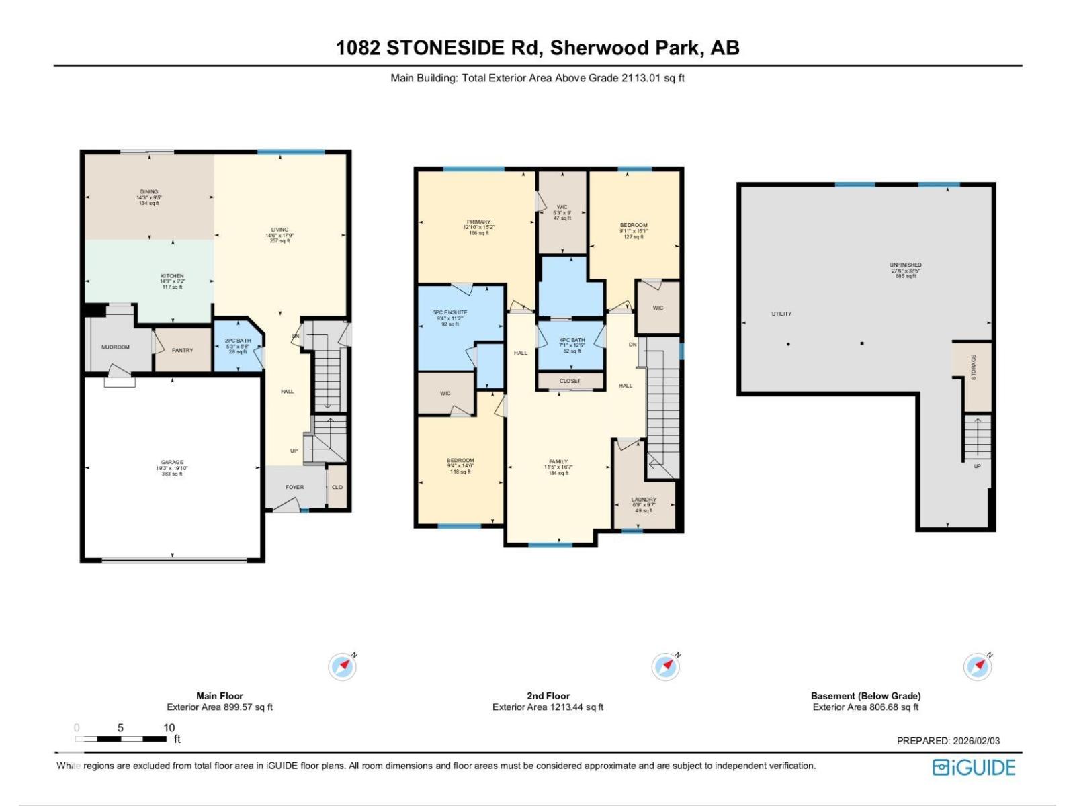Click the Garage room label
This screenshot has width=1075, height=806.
coord(172,463)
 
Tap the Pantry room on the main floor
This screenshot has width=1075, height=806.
coord(182,350)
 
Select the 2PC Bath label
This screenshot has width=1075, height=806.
coord(237,341)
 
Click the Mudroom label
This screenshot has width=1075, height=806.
coord(116,347)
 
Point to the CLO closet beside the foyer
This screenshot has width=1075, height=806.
coord(337,487)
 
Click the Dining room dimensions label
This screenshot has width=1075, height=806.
coord(149,197)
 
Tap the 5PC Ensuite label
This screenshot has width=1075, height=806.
coord(449,313)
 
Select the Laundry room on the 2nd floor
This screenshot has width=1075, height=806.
coord(644,500)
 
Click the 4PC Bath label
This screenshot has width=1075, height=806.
coord(572,341)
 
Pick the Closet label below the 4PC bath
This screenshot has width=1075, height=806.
coord(570,381)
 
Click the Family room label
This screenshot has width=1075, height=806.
coord(558,462)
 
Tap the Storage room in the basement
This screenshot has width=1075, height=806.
coord(974,367)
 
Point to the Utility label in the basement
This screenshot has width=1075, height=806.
coord(781,314)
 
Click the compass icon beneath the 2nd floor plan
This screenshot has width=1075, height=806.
coord(666,666)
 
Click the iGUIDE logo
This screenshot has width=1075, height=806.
coord(974,768)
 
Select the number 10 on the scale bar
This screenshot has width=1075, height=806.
coord(169,727)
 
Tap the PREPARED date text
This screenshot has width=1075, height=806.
coord(948,741)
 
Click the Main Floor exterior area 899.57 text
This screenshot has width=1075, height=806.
coord(220,707)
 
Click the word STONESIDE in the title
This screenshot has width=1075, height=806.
coord(445,48)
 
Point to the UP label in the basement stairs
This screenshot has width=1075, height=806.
coord(977,466)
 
